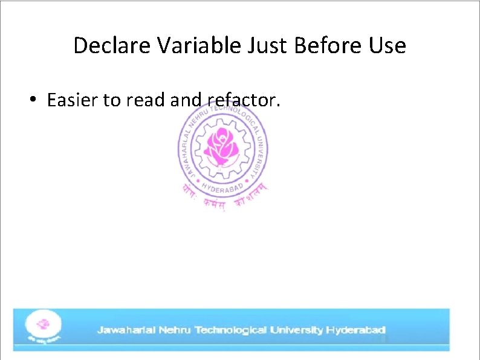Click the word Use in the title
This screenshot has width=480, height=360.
[x=387, y=45]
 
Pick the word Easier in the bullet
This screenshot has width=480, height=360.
[x=72, y=100]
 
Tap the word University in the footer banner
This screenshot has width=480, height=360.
[x=296, y=330]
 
